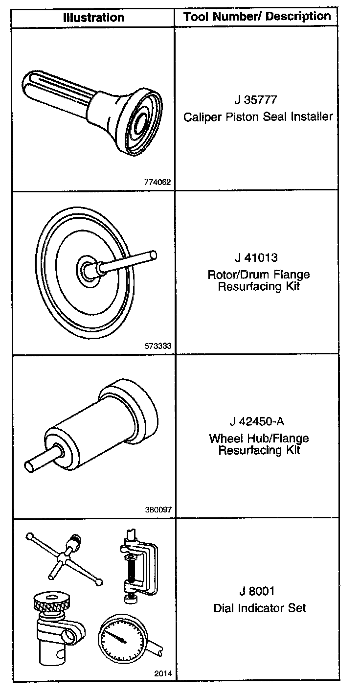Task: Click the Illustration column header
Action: coord(93,18)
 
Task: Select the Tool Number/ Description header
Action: coord(257,17)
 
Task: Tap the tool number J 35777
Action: coord(256,101)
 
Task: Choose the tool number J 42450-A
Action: coord(256,421)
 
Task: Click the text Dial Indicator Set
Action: coord(259,608)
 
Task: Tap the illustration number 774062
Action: coord(157,182)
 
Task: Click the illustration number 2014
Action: coord(163,673)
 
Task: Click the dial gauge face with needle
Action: coord(120,636)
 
